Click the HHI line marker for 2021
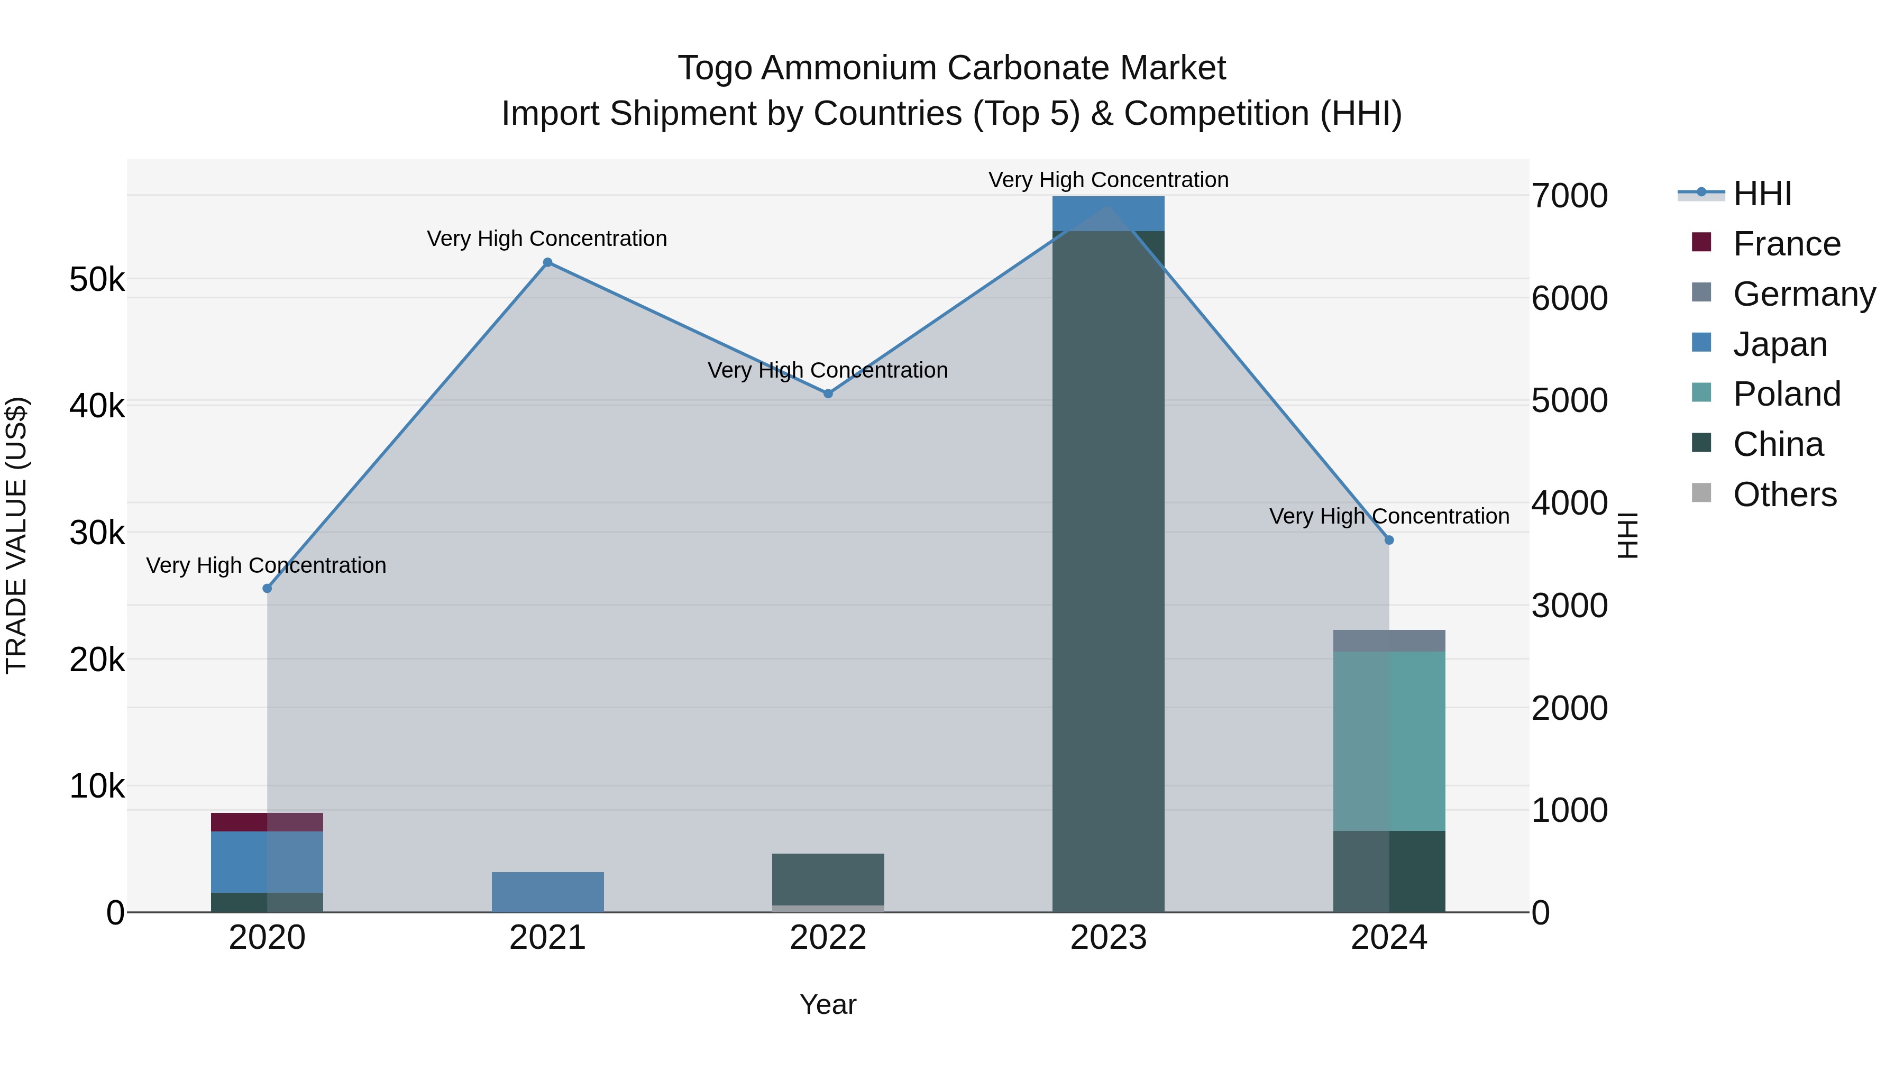(x=548, y=262)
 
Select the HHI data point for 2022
(x=828, y=394)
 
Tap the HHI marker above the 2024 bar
(x=1389, y=541)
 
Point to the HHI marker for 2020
(x=268, y=588)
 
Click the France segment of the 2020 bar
(x=267, y=822)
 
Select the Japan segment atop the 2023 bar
(x=1108, y=214)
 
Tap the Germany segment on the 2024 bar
(x=1389, y=641)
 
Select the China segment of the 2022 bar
(x=828, y=879)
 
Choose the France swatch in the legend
(x=1701, y=242)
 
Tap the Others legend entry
(x=1784, y=495)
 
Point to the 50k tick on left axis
(x=97, y=280)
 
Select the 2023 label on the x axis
(x=1108, y=938)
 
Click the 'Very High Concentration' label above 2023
(x=1108, y=180)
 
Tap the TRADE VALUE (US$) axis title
(x=16, y=535)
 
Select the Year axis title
(x=828, y=1004)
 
